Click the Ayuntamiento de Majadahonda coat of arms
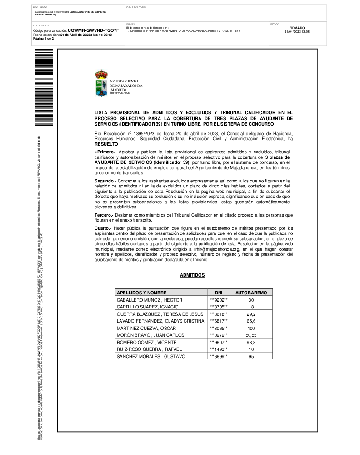pos(101,83)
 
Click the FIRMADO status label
pos(297,28)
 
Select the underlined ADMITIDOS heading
pos(192,275)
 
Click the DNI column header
pos(218,293)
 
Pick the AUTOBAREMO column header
pos(251,293)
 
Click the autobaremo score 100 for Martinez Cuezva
pos(251,328)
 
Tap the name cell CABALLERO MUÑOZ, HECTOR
pos(150,300)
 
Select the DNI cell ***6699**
pos(218,356)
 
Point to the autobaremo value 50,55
pos(251,335)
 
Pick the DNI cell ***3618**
pos(218,314)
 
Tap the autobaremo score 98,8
pos(251,342)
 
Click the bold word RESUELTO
pos(106,143)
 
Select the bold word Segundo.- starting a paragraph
pos(105,181)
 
